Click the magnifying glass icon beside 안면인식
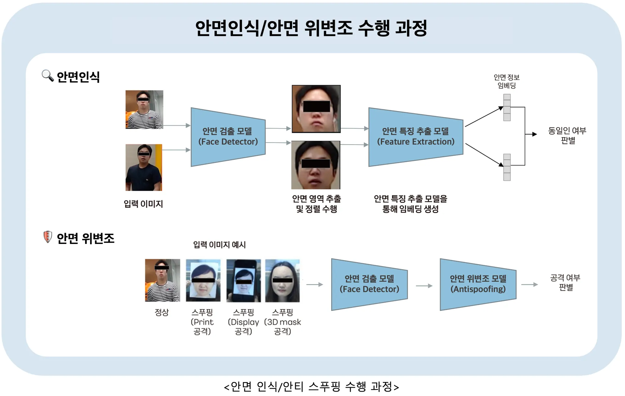click(48, 75)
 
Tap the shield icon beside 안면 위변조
click(47, 237)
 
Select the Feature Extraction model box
click(416, 137)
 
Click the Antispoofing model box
click(478, 284)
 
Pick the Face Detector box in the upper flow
click(228, 137)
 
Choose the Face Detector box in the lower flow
click(369, 284)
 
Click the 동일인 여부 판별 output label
click(567, 135)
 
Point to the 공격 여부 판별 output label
click(565, 282)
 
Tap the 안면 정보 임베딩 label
click(507, 81)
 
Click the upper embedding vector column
click(507, 108)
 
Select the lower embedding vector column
click(507, 167)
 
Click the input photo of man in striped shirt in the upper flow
click(144, 109)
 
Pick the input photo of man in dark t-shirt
click(144, 167)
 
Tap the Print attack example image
click(203, 280)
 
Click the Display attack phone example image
click(244, 280)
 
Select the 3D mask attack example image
click(283, 280)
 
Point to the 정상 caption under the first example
click(162, 312)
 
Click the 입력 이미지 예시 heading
click(219, 245)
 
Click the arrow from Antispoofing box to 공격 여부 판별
click(529, 285)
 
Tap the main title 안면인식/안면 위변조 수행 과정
click(311, 28)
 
